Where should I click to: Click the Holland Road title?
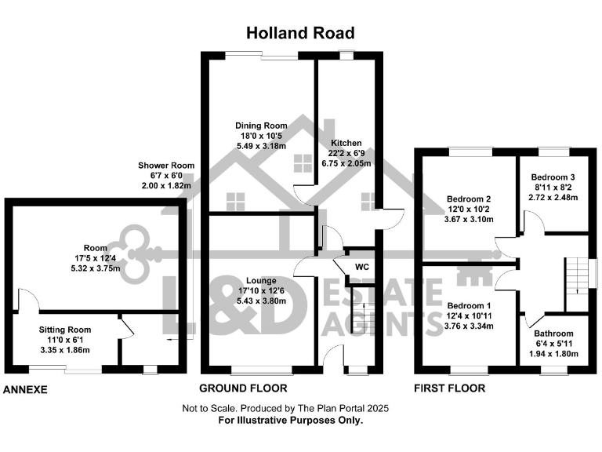[301, 33]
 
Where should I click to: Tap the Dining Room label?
[262, 126]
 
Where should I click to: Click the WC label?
[362, 267]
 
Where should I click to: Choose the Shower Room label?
[165, 166]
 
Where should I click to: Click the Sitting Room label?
[65, 330]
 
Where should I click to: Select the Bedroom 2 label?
[469, 199]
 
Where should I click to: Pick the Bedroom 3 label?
[553, 177]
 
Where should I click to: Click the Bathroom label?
[554, 334]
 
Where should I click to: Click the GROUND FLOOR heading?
[243, 388]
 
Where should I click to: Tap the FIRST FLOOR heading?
[449, 388]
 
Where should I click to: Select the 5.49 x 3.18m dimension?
[262, 146]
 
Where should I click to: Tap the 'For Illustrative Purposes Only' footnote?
[290, 421]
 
